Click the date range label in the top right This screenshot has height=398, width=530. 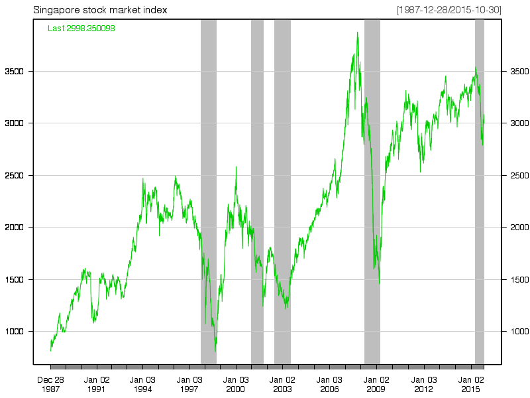(449, 10)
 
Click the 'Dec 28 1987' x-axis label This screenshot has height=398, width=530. (50, 384)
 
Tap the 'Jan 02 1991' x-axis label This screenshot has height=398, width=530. (97, 384)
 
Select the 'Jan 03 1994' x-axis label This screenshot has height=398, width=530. (142, 384)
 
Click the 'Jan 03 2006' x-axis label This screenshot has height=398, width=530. (329, 384)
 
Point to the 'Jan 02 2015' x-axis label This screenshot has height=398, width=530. (470, 384)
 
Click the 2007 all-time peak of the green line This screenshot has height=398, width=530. (357, 32)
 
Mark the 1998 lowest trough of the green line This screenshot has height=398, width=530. (215, 351)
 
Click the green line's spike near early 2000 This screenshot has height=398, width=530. (236, 167)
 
